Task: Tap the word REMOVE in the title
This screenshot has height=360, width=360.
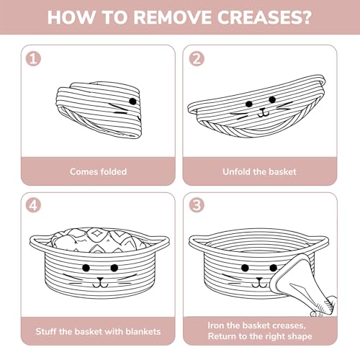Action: [173, 17]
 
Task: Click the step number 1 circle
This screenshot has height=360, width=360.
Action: [33, 59]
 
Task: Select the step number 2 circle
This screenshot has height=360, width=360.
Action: [197, 59]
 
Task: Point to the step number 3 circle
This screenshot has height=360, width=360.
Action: [197, 205]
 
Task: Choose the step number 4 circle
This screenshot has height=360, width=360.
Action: [33, 205]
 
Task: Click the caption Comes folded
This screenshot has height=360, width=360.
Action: [98, 171]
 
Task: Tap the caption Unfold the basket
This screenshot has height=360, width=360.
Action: [259, 171]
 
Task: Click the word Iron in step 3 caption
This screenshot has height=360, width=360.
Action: [216, 325]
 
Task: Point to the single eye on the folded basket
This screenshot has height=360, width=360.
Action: [132, 102]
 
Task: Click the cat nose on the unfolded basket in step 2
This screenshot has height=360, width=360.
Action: [263, 111]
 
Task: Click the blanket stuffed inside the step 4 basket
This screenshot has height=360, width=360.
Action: [99, 240]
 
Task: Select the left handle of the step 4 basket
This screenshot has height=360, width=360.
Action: [40, 240]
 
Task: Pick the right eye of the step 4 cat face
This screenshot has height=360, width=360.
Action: [114, 267]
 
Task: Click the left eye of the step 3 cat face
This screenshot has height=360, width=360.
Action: [245, 268]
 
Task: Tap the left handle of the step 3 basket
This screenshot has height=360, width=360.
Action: [198, 240]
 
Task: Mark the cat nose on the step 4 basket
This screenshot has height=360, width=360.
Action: [100, 279]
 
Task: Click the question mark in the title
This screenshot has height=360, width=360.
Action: [305, 17]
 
